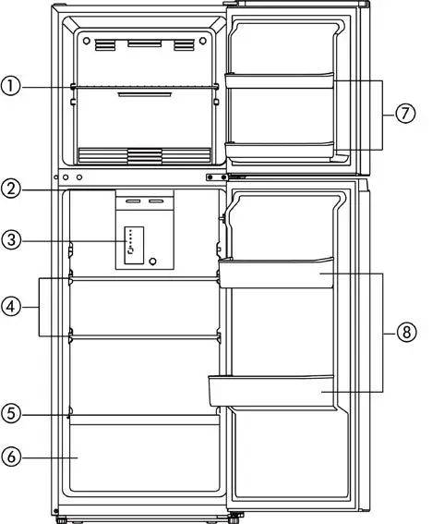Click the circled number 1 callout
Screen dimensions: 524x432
(x=11, y=87)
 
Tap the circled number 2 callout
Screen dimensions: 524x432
(x=11, y=189)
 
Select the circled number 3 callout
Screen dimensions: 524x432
(x=11, y=240)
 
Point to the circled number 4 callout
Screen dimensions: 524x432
(x=11, y=306)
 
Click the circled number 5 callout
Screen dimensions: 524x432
(x=11, y=414)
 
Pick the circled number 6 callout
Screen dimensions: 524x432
(x=11, y=457)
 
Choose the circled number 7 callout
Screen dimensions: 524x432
(x=404, y=114)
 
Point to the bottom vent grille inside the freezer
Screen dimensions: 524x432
(x=144, y=154)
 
